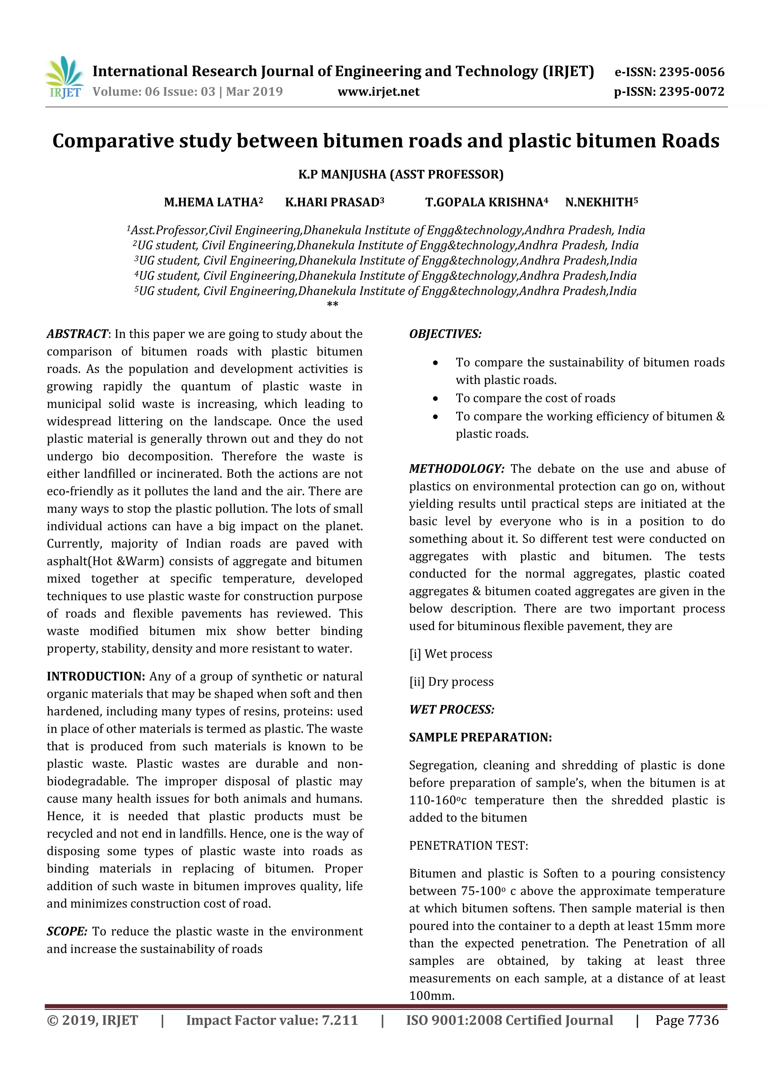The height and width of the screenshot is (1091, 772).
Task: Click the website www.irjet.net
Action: tap(378, 92)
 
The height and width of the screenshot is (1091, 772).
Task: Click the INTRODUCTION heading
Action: tap(95, 677)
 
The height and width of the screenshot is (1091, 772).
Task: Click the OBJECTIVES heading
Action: tap(445, 334)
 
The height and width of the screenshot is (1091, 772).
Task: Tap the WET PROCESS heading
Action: tap(452, 709)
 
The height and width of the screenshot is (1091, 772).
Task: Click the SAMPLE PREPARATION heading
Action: tap(480, 738)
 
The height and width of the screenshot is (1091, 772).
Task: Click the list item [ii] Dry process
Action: tap(451, 682)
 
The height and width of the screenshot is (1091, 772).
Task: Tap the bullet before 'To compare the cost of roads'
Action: tap(435, 399)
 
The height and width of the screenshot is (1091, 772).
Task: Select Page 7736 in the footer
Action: tap(686, 1020)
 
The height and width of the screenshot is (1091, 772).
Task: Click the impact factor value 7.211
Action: tap(339, 1020)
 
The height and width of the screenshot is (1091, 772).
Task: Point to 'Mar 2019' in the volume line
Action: tap(254, 92)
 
